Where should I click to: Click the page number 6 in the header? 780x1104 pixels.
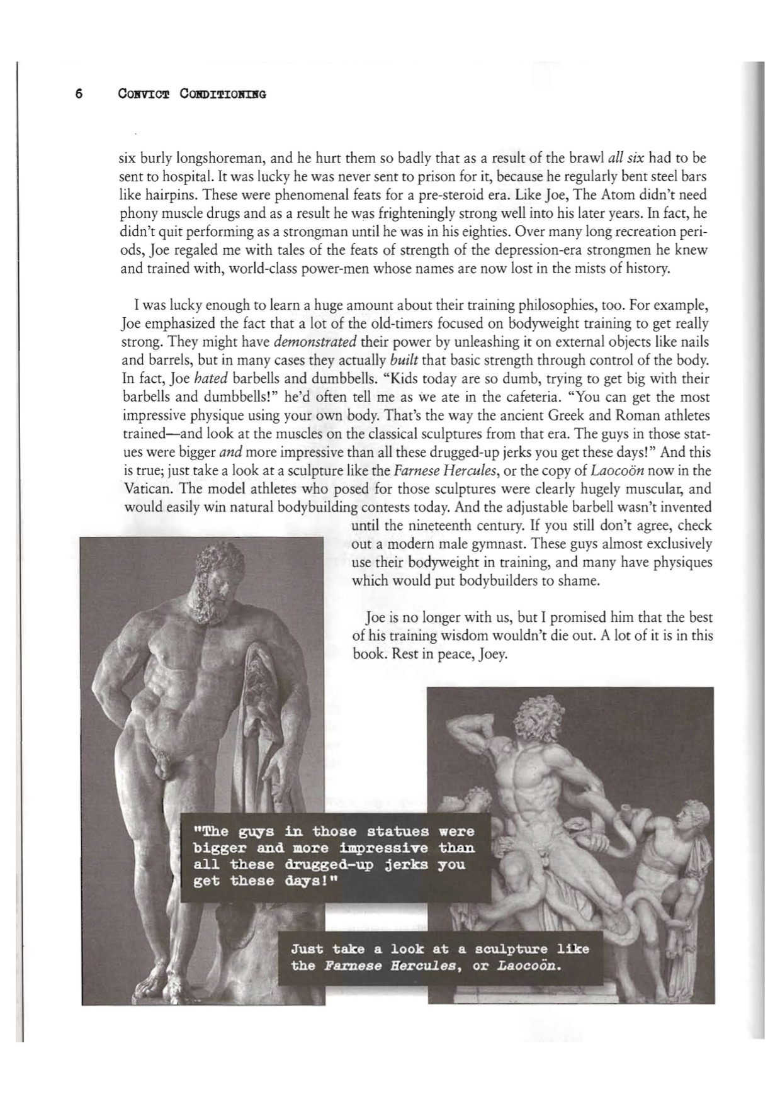click(x=79, y=94)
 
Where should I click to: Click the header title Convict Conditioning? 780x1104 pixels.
click(x=191, y=94)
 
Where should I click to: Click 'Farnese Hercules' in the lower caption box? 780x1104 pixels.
click(x=387, y=966)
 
